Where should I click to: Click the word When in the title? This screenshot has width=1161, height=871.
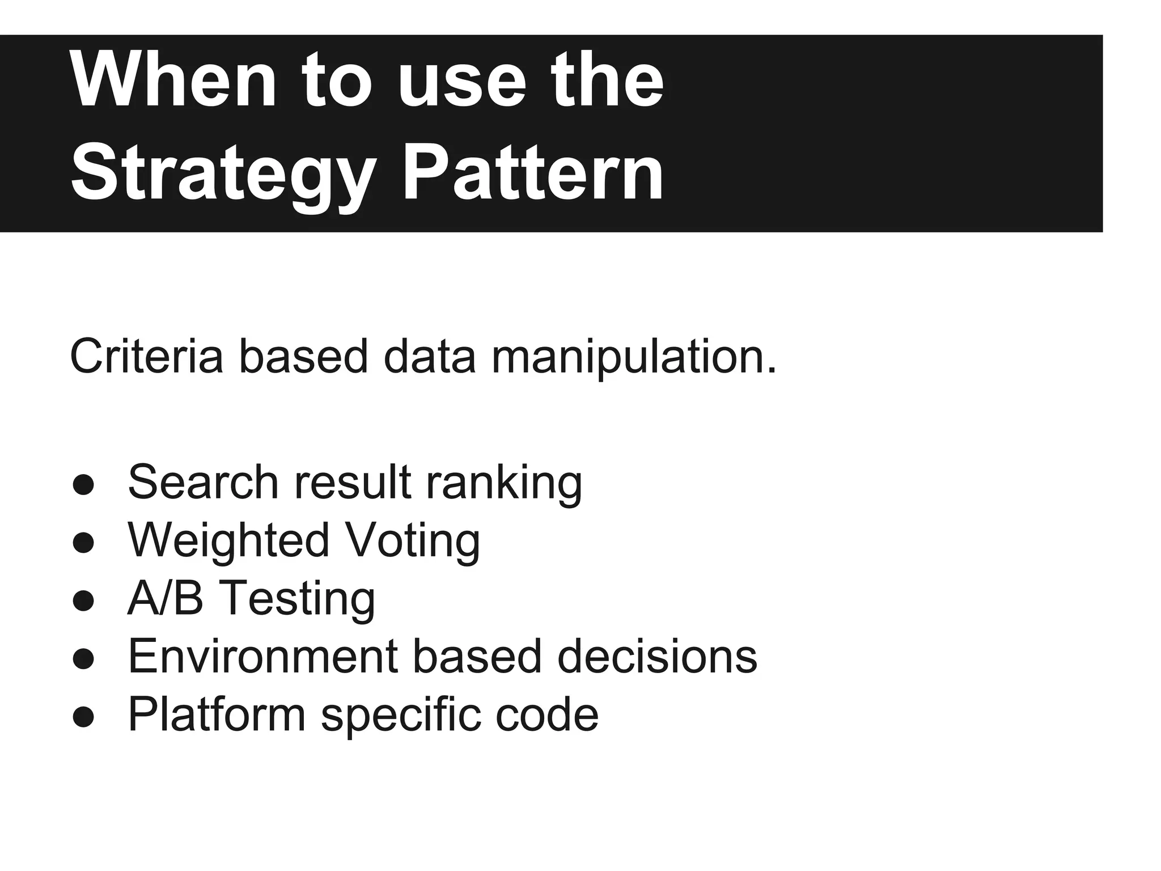(173, 81)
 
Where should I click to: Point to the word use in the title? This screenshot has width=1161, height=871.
(462, 81)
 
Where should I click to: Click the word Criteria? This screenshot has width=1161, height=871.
(146, 356)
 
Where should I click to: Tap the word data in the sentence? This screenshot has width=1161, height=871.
(429, 356)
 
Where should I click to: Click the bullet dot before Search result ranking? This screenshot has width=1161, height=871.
(83, 484)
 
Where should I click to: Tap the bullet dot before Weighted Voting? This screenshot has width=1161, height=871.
(83, 542)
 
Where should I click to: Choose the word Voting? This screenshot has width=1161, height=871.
(413, 541)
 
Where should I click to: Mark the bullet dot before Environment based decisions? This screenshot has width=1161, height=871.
(83, 658)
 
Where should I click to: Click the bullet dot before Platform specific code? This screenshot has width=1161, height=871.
(83, 716)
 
